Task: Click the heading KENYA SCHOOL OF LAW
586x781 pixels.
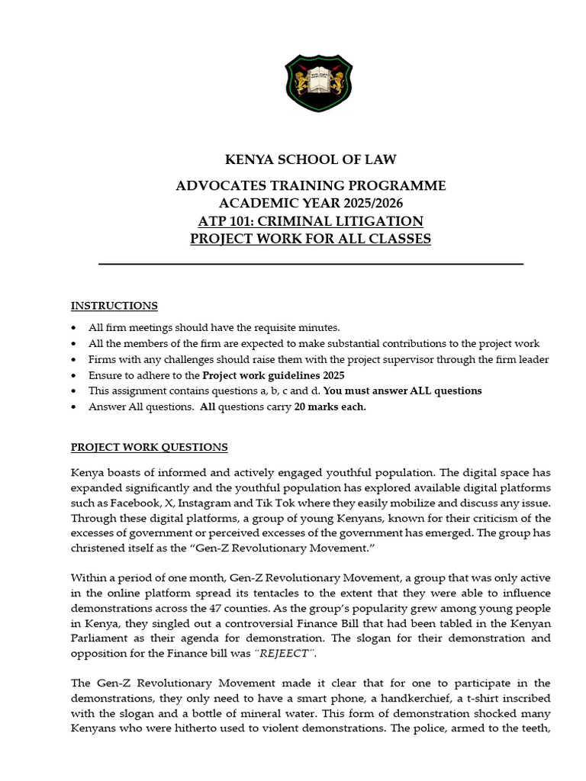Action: tap(310, 159)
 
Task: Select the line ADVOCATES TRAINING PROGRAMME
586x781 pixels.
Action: tap(311, 186)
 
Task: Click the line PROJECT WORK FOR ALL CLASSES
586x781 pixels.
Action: tap(310, 239)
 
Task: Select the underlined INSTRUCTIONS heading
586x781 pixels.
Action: tap(114, 306)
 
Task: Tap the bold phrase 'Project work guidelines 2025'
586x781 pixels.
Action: tap(273, 375)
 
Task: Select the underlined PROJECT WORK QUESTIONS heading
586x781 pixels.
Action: tap(149, 447)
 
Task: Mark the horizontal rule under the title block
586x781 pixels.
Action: tap(311, 264)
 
